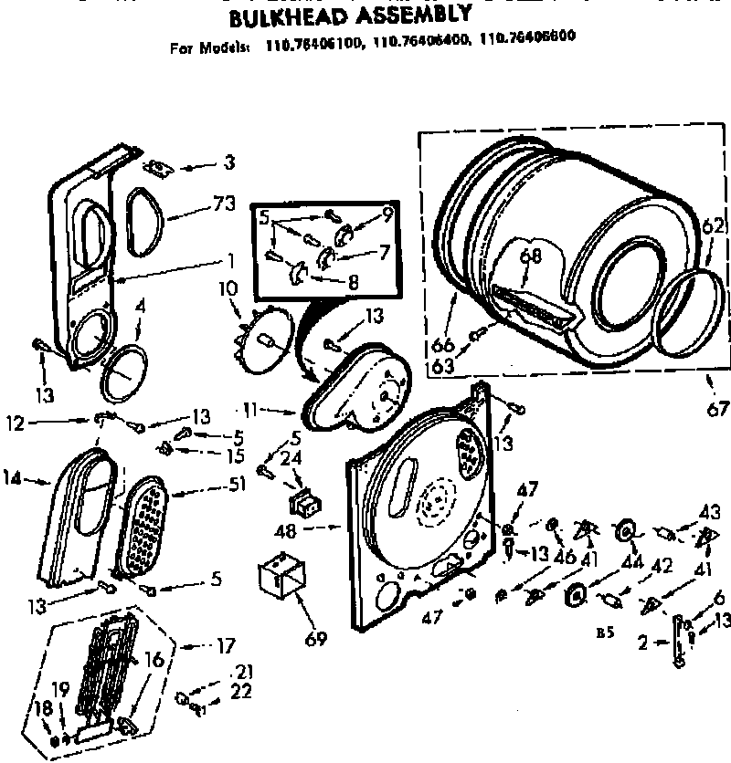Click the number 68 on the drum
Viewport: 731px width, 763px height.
pos(531,257)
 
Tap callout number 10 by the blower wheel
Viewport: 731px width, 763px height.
pos(228,289)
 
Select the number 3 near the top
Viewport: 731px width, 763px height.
pos(228,163)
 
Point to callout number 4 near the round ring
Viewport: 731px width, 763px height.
pos(140,308)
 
